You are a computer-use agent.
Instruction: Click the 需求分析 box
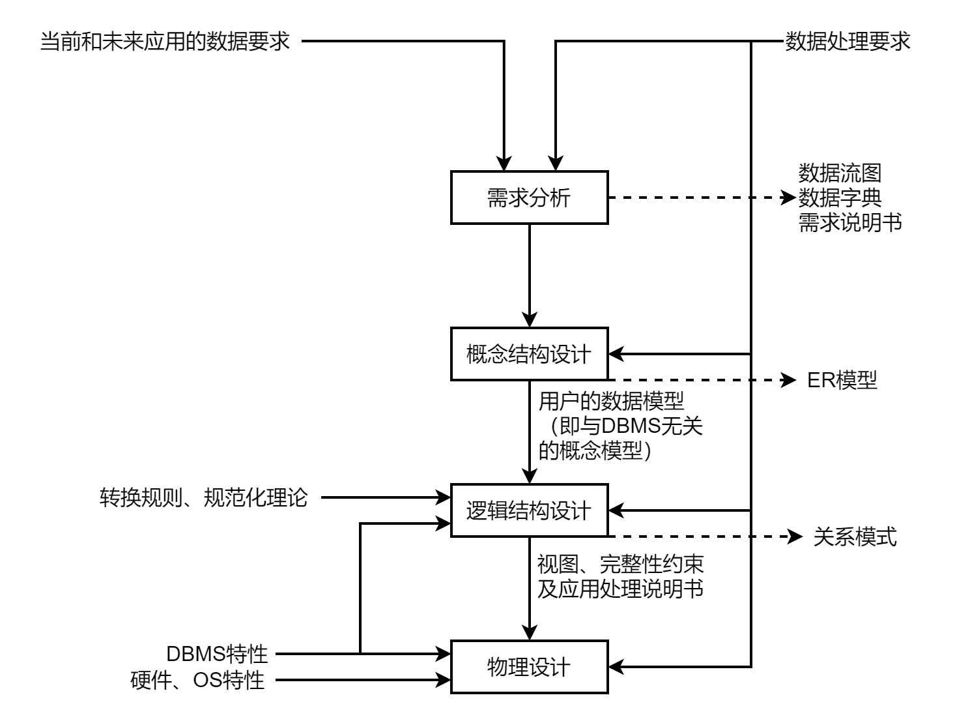[x=529, y=198]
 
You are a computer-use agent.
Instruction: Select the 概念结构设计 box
[x=529, y=354]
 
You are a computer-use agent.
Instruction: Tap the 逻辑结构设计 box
[x=529, y=510]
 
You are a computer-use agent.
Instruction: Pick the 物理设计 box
[x=529, y=667]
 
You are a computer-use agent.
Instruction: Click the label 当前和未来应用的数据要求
[x=165, y=42]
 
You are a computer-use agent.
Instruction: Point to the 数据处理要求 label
[x=847, y=42]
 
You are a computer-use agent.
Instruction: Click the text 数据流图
[x=840, y=173]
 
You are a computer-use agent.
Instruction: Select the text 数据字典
[x=840, y=198]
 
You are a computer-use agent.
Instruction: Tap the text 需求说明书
[x=850, y=222]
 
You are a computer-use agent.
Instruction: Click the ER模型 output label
[x=842, y=380]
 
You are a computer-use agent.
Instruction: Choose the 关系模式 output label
[x=855, y=537]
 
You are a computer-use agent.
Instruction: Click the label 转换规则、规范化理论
[x=203, y=498]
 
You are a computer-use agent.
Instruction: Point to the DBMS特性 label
[x=217, y=653]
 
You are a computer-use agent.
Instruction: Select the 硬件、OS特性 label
[x=198, y=681]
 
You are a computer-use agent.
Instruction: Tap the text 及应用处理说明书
[x=620, y=589]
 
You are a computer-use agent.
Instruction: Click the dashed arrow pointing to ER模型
[x=697, y=380]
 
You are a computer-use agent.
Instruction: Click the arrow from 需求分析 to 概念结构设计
[x=530, y=274]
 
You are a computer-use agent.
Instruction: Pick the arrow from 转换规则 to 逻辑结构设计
[x=384, y=498]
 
